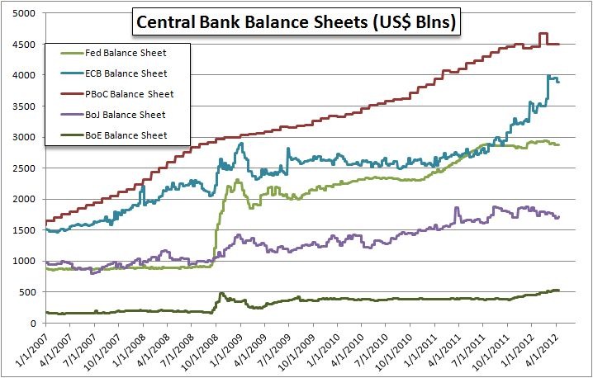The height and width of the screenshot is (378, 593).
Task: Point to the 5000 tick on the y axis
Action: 24,14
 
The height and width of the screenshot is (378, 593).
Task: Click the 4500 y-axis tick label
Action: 24,45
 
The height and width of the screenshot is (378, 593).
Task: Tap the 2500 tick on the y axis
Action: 24,168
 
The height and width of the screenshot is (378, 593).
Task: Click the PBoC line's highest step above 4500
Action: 543,34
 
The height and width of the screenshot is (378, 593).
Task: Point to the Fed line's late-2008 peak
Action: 237,180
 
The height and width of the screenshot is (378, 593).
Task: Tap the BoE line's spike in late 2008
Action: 221,293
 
